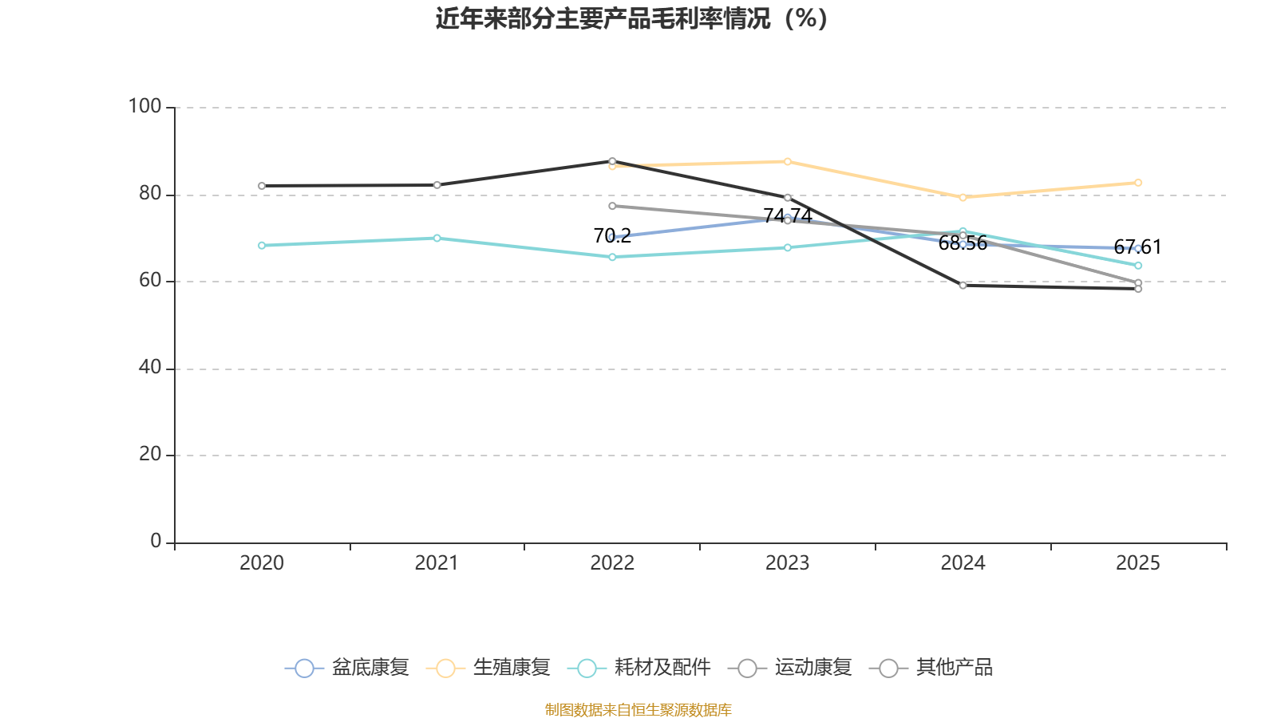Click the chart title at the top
click(x=631, y=18)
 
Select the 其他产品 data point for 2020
click(x=262, y=186)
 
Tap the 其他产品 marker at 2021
click(x=437, y=185)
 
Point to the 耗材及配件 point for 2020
click(x=262, y=246)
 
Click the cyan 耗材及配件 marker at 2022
click(x=612, y=257)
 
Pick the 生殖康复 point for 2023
click(x=787, y=162)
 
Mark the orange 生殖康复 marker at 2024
click(x=963, y=197)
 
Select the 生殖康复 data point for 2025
click(x=1138, y=183)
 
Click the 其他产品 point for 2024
click(x=963, y=286)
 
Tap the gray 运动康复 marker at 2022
click(x=612, y=206)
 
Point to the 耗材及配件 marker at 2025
click(x=1138, y=266)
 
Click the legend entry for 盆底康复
click(x=347, y=668)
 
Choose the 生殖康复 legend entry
click(x=488, y=668)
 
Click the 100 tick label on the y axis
click(x=144, y=106)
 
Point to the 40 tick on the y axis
click(x=149, y=368)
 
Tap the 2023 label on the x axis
click(x=787, y=563)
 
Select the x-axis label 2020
click(x=262, y=563)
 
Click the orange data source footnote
click(x=638, y=709)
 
